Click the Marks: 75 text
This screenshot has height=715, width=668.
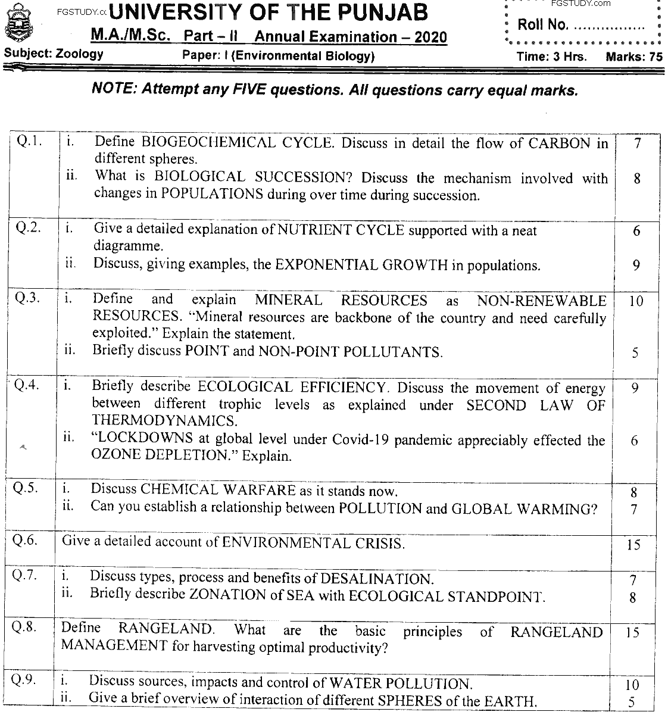[633, 57]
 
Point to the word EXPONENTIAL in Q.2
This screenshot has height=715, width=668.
[325, 266]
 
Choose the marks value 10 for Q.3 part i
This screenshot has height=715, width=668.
[635, 301]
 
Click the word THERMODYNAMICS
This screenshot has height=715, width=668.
[163, 421]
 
